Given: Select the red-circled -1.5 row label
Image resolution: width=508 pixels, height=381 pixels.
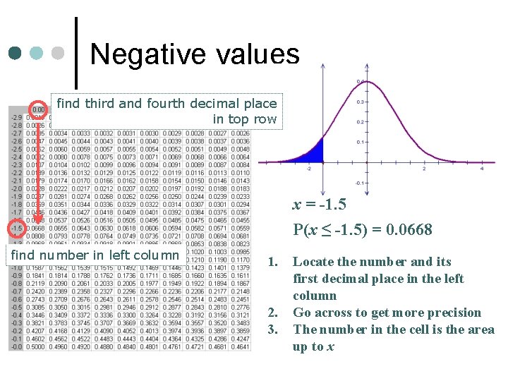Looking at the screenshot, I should pyautogui.click(x=16, y=229).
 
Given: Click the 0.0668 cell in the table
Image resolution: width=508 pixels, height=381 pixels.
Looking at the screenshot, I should pyautogui.click(x=36, y=229).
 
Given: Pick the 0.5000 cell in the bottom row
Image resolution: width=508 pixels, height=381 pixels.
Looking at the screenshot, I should pyautogui.click(x=36, y=346).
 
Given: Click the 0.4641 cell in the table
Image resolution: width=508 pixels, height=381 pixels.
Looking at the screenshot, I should pyautogui.click(x=240, y=346).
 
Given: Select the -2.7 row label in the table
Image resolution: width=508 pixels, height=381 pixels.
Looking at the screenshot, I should pyautogui.click(x=16, y=132).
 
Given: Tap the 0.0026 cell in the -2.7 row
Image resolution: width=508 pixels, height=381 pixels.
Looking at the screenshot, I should pyautogui.click(x=240, y=132).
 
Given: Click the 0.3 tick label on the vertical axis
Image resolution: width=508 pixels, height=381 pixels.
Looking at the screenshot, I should pyautogui.click(x=360, y=102).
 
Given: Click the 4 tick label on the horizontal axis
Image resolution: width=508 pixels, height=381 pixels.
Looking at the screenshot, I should pyautogui.click(x=481, y=169).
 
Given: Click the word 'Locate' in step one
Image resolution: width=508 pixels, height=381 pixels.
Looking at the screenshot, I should pyautogui.click(x=312, y=262).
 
